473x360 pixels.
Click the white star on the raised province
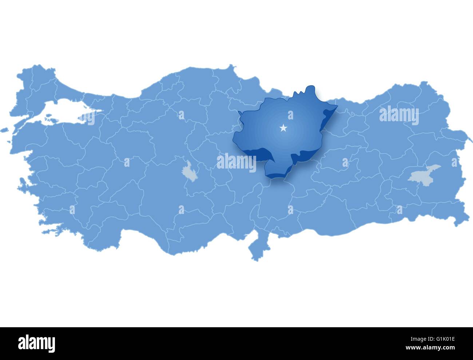[283, 128]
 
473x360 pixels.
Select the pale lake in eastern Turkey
[424, 173]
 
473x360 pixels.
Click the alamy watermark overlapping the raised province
[236, 163]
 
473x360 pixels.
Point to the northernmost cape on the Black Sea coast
[230, 67]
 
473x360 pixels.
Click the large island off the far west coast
[4, 130]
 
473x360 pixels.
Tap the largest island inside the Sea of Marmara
[49, 117]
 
